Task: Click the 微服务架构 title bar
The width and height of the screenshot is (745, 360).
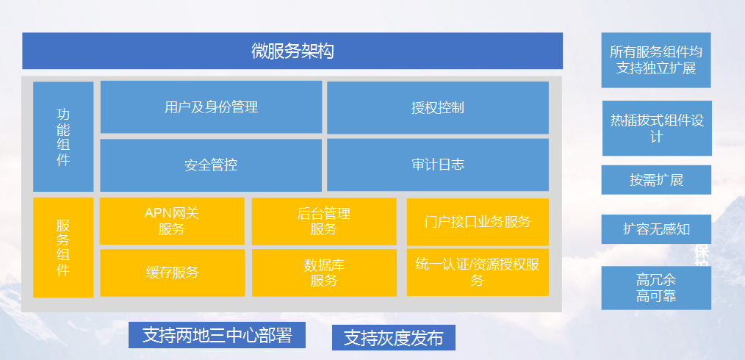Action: pos(292,51)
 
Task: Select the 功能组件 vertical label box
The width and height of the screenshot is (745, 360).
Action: pos(63,137)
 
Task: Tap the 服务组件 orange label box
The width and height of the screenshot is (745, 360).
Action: pos(63,248)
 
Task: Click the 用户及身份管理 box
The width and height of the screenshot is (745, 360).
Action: pos(211,107)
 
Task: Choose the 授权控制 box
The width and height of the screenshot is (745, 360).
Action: pos(438,108)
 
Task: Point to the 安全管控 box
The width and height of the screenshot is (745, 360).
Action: pos(211,165)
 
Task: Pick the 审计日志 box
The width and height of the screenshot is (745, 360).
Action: pos(438,165)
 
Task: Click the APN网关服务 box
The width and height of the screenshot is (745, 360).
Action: pos(172,221)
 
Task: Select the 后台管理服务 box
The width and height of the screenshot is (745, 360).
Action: pos(324,221)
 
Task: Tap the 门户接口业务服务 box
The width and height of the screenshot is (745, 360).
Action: pos(478,222)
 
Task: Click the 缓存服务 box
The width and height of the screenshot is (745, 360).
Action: pos(173,273)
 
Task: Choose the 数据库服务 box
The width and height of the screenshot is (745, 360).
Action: pos(324,273)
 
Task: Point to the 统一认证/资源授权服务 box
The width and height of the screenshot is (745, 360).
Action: pos(478,272)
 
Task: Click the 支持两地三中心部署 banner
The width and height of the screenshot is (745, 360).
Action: pos(217,335)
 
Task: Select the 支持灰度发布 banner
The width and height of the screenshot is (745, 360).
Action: pos(393,338)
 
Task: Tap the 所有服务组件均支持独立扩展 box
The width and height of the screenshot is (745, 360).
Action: pos(656,60)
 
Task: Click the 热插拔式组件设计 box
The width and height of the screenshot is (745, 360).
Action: pos(657,129)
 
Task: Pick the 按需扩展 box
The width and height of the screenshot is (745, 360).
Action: pos(656,180)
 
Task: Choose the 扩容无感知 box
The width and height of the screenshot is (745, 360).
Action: pos(656,229)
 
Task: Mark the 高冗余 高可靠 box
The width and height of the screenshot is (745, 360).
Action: pos(656,288)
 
